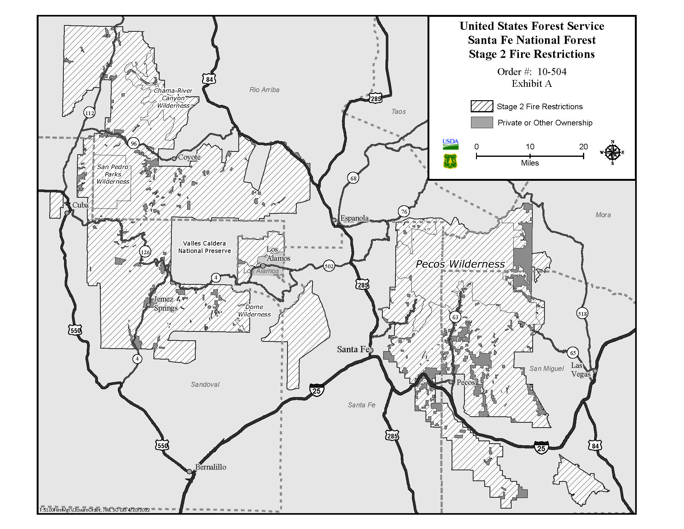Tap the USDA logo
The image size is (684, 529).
click(x=451, y=144)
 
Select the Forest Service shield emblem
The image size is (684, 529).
click(x=450, y=161)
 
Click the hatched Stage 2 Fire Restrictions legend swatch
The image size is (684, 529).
click(x=482, y=106)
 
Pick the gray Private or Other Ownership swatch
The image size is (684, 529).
click(x=482, y=122)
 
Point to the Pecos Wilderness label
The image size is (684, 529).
click(x=460, y=264)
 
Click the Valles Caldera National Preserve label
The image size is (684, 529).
click(x=205, y=247)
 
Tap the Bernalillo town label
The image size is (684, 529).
click(x=210, y=467)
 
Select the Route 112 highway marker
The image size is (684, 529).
click(x=90, y=113)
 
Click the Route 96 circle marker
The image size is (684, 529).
click(x=134, y=143)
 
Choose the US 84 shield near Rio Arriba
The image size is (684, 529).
click(x=210, y=79)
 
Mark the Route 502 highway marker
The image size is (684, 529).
click(x=329, y=266)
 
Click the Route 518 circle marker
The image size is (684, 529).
click(x=582, y=313)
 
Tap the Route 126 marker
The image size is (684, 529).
click(x=145, y=252)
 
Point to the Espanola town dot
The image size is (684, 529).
click(x=334, y=220)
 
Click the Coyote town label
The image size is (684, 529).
click(x=189, y=157)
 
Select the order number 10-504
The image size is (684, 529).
click(x=552, y=72)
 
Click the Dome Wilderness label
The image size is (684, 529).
click(x=254, y=311)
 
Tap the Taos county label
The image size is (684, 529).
click(x=398, y=112)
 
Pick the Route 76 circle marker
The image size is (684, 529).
click(x=404, y=212)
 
